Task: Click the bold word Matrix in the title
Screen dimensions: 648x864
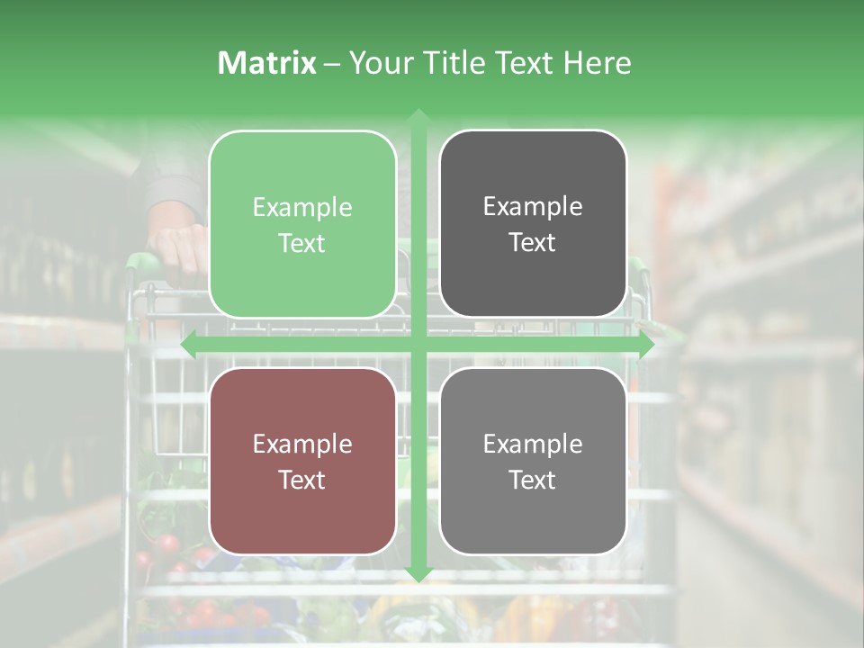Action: pyautogui.click(x=267, y=63)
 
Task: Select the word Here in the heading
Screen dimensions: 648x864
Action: pyautogui.click(x=597, y=63)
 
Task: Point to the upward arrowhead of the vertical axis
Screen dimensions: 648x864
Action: pyautogui.click(x=418, y=118)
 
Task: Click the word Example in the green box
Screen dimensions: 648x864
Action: pyautogui.click(x=302, y=208)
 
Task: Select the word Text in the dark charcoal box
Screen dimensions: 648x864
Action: pyautogui.click(x=533, y=242)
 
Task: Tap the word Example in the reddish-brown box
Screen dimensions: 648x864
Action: pyautogui.click(x=302, y=445)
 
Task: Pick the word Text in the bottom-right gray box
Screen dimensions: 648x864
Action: pyautogui.click(x=533, y=480)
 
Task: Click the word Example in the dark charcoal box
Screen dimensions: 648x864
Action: pyautogui.click(x=533, y=207)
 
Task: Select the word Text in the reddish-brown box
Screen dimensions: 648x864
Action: pyautogui.click(x=302, y=480)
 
